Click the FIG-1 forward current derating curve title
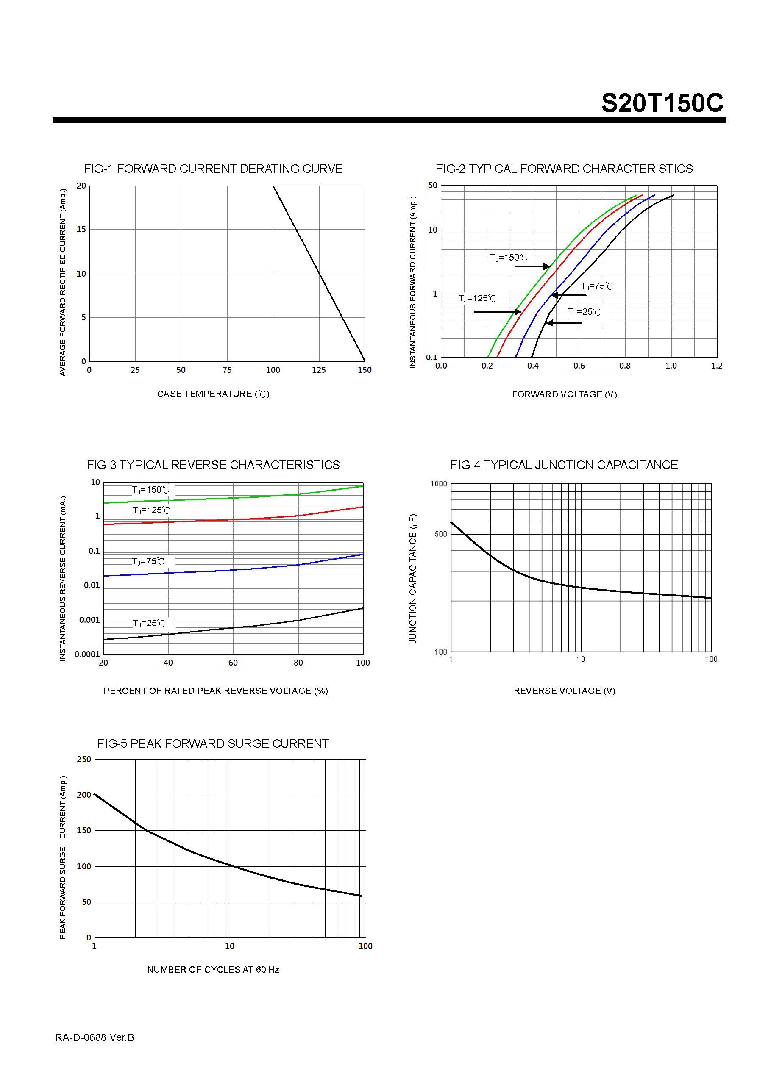point(213,169)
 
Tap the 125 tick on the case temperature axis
point(319,370)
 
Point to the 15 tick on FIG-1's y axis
point(81,229)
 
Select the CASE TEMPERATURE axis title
point(213,394)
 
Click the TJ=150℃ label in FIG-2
point(508,258)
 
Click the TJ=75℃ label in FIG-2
point(597,286)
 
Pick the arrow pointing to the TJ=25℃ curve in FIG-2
point(564,323)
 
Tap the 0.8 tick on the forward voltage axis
point(625,366)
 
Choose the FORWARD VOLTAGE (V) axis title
point(564,394)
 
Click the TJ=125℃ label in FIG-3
point(151,510)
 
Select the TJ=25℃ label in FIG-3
point(149,623)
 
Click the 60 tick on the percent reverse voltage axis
point(233,663)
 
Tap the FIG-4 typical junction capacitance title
point(564,465)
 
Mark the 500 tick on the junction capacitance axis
point(440,534)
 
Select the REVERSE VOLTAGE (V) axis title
point(564,691)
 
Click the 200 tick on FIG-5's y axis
point(84,795)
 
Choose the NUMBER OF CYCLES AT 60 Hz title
point(213,969)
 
